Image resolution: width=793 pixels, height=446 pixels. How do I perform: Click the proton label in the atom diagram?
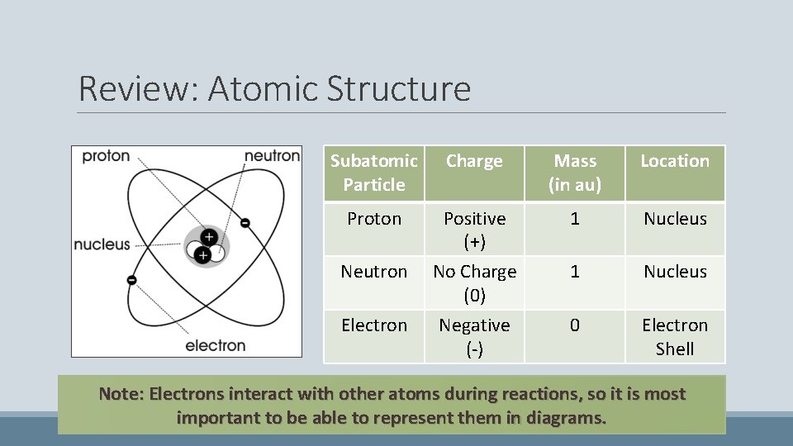point(106,157)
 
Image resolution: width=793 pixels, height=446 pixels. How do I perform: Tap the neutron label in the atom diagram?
point(272,156)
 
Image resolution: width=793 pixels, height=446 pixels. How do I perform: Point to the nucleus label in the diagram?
point(102,244)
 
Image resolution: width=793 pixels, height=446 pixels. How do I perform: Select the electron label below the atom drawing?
point(215,344)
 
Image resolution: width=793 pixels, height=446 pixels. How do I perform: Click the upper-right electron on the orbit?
point(245,222)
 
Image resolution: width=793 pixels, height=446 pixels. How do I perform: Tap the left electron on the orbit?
point(131,280)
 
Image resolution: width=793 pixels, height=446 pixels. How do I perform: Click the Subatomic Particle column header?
point(374,173)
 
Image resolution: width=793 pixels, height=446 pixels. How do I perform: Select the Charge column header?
point(474,161)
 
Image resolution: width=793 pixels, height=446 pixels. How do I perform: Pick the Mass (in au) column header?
point(574,173)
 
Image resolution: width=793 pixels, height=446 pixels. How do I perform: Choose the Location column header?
point(675,161)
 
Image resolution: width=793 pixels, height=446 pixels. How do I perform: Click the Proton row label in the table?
point(374,219)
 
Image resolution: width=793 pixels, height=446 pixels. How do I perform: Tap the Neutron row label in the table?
point(374,272)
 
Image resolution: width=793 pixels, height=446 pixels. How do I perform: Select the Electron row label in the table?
point(374,325)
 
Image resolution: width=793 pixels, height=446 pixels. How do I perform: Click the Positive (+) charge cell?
point(474,230)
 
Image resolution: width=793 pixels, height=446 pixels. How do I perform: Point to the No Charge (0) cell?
point(474,282)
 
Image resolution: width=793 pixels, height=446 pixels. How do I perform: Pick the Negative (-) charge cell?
point(474,336)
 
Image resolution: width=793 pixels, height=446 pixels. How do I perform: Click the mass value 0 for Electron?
point(574,325)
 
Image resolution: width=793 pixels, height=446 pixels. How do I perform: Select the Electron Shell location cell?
point(675,336)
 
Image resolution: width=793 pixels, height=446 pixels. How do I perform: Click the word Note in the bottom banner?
point(120,394)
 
